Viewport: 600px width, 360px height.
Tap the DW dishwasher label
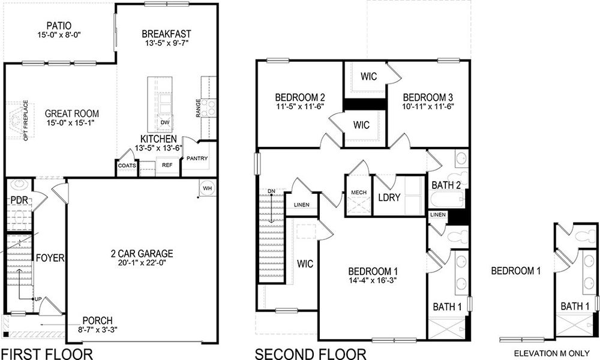pos(164,122)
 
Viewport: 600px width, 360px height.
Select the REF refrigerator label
pos(167,163)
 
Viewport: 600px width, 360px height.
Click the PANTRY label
pos(197,158)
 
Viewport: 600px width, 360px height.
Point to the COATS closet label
pos(127,166)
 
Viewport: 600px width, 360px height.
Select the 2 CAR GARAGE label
pos(142,253)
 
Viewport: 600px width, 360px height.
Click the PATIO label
pos(59,26)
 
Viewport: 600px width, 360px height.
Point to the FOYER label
pos(50,258)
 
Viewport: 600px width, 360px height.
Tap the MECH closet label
pos(358,193)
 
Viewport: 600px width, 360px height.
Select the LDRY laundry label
pos(389,197)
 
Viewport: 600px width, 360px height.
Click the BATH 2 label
pos(446,185)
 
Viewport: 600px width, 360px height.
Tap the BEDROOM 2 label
pos(300,97)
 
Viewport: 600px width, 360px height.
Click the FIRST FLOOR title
pos(47,353)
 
